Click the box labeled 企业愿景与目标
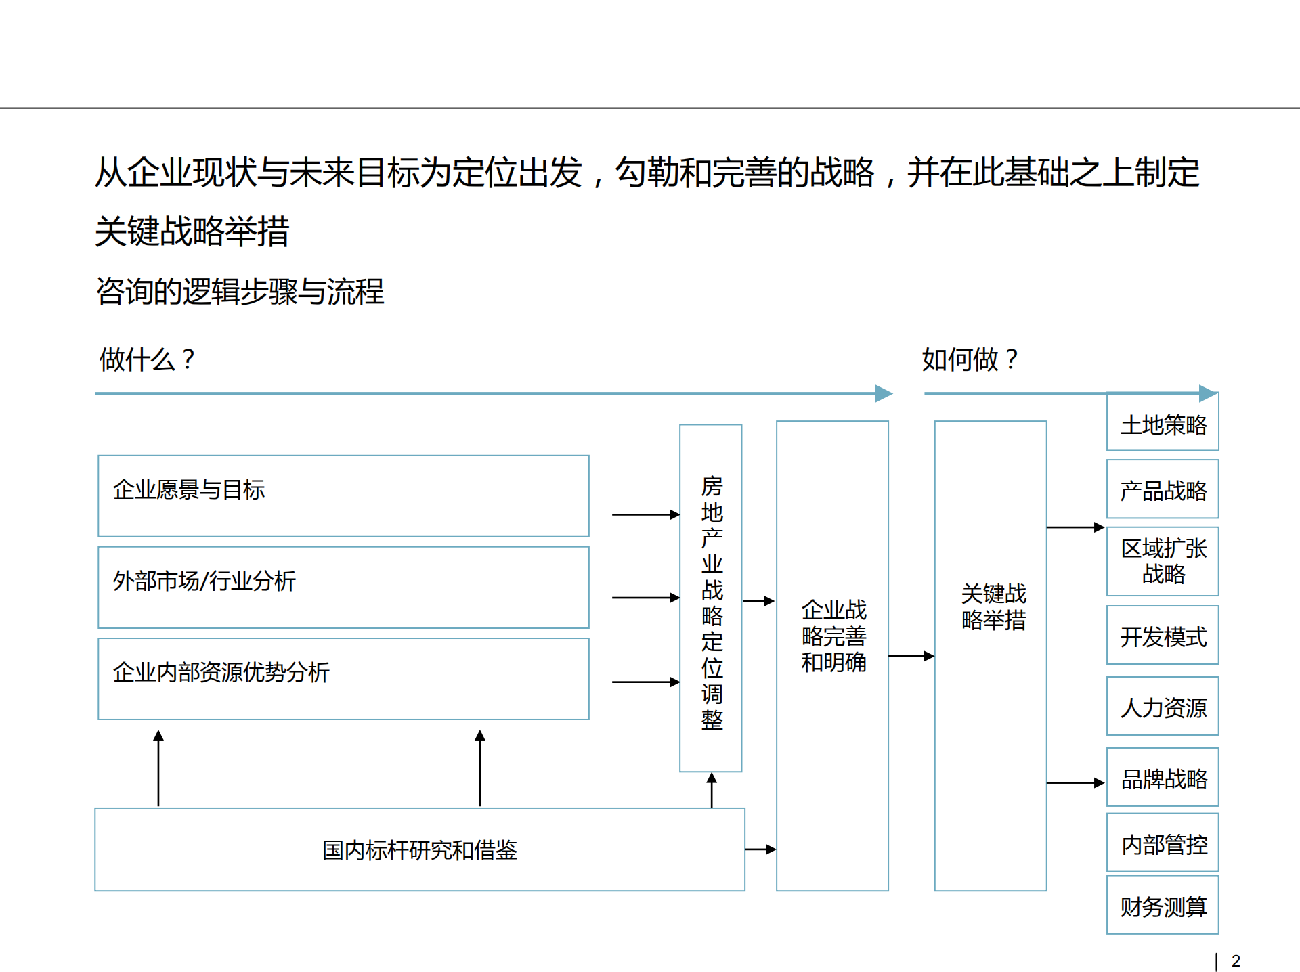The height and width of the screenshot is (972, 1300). pyautogui.click(x=343, y=495)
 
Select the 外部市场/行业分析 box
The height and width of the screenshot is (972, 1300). pyautogui.click(x=343, y=587)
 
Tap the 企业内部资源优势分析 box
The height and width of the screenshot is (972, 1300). pyautogui.click(x=343, y=678)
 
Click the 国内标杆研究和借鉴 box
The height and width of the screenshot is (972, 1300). pyautogui.click(x=420, y=849)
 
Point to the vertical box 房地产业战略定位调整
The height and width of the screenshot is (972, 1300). pyautogui.click(x=711, y=598)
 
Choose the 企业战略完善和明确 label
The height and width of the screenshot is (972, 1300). pyautogui.click(x=833, y=636)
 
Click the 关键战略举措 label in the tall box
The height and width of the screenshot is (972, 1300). pyautogui.click(x=993, y=606)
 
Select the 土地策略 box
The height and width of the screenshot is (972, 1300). pyautogui.click(x=1163, y=424)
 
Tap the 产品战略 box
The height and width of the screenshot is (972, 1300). pyautogui.click(x=1163, y=489)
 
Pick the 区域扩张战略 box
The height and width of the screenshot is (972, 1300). pyautogui.click(x=1163, y=561)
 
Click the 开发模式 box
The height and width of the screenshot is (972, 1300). pyautogui.click(x=1163, y=636)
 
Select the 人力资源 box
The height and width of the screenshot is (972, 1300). pyautogui.click(x=1163, y=707)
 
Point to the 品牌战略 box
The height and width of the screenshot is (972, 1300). pyautogui.click(x=1163, y=778)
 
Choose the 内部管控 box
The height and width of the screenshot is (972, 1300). pyautogui.click(x=1163, y=843)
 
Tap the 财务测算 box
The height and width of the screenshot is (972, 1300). pyautogui.click(x=1163, y=906)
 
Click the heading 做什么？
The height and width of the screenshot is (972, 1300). pyautogui.click(x=148, y=359)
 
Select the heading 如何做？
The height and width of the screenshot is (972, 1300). pyautogui.click(x=970, y=359)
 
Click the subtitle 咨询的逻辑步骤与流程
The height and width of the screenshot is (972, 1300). pyautogui.click(x=240, y=292)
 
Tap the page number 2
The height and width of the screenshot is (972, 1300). pyautogui.click(x=1236, y=960)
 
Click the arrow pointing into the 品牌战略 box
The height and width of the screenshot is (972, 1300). pyautogui.click(x=1076, y=783)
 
